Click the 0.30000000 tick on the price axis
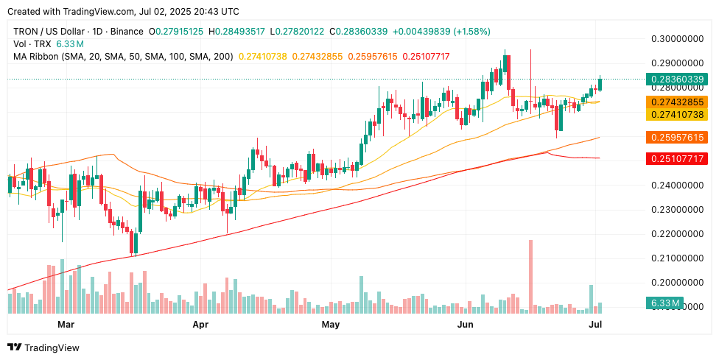point(676,38)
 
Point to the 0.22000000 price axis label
point(676,234)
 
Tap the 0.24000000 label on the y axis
point(676,186)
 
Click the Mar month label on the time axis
point(66,324)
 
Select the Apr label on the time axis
point(200,324)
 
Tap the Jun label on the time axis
point(465,324)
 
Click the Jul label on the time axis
point(597,324)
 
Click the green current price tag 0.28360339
point(676,80)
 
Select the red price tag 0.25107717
point(676,159)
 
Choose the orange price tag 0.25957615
point(676,138)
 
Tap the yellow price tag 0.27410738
point(676,114)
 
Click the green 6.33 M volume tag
point(664,303)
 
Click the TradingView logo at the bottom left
point(43,347)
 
